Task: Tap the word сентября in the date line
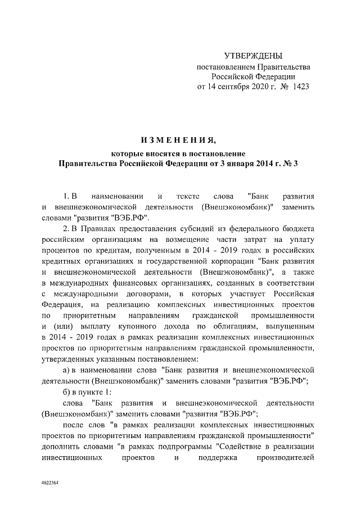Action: [x=232, y=87]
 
